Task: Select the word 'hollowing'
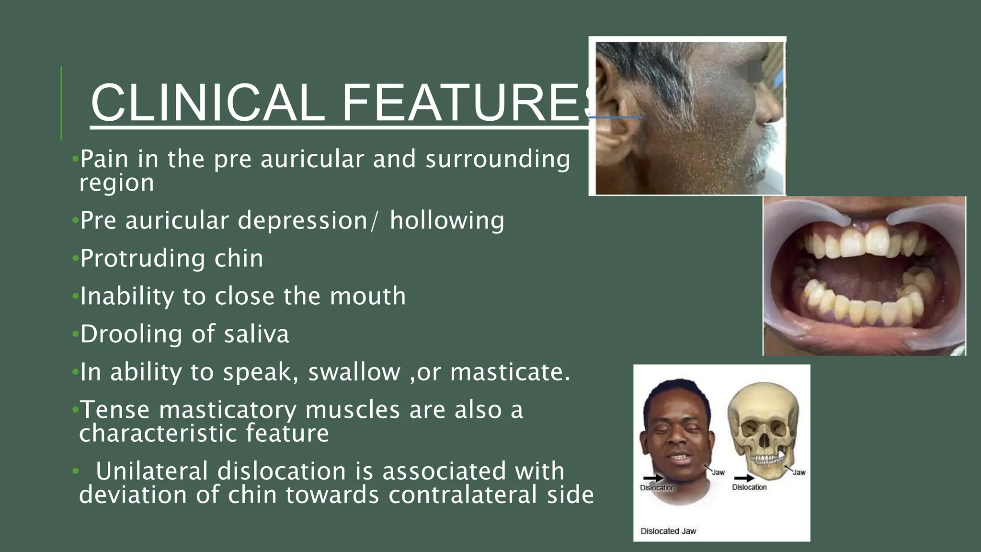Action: point(447,221)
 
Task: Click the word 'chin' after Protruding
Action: point(239,259)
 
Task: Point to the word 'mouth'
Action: point(367,296)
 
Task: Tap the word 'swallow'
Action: point(354,372)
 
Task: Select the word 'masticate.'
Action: point(510,372)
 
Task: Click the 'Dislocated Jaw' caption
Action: point(668,531)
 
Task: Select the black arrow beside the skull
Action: point(744,478)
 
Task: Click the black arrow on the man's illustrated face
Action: point(653,478)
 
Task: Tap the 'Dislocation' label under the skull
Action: point(749,487)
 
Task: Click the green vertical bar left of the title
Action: point(61,103)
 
